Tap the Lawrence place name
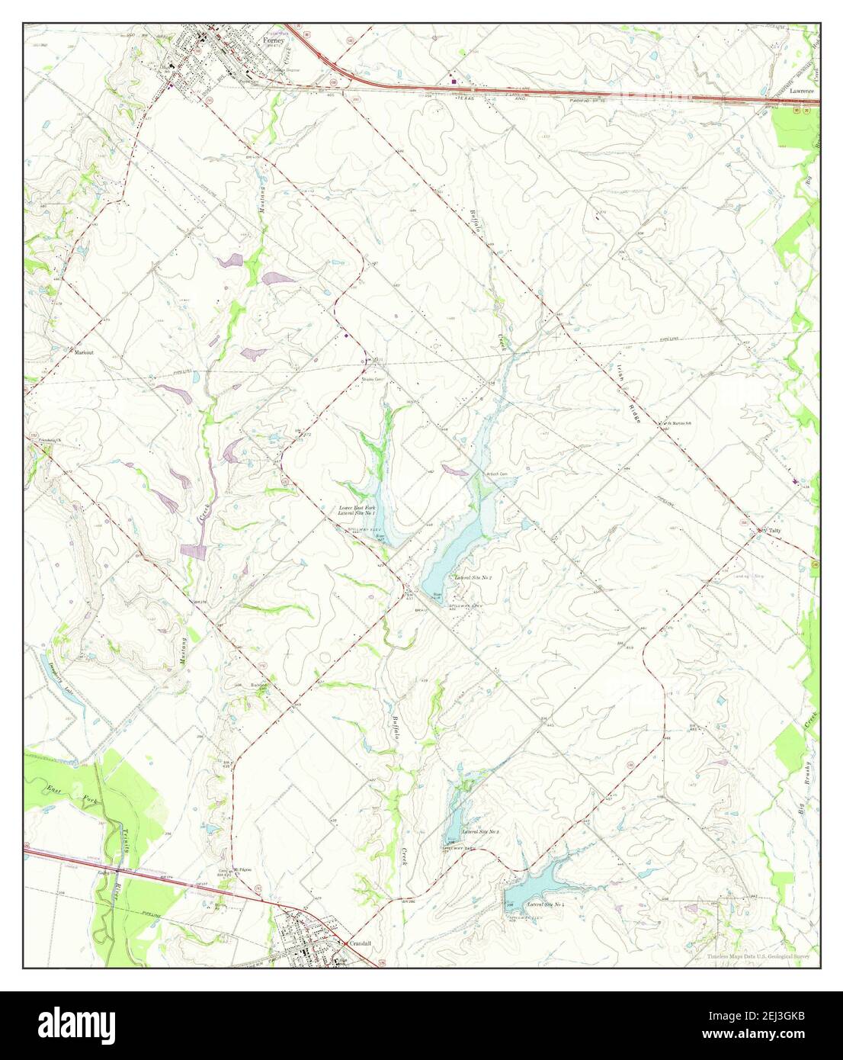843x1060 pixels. [801, 91]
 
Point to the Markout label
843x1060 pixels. [83, 353]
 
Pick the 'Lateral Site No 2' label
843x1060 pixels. [473, 579]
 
